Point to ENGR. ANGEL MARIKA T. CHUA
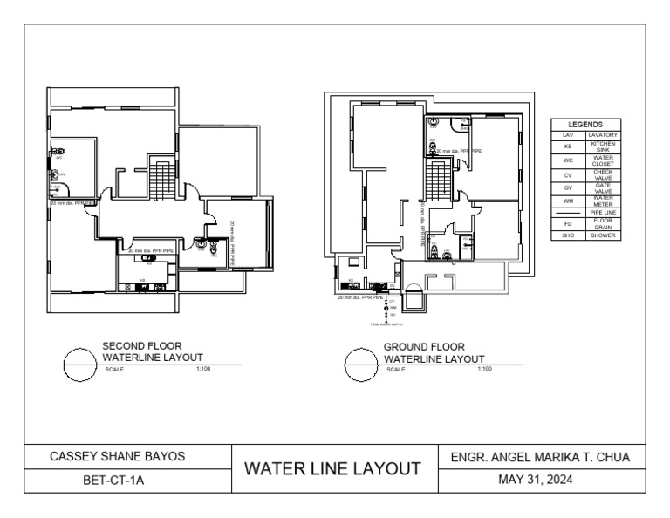[x=537, y=456]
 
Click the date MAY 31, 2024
[x=537, y=481]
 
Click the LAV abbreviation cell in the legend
[x=567, y=135]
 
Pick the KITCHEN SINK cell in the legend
[x=602, y=147]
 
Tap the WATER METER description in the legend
[x=602, y=200]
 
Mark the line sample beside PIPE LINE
[x=567, y=211]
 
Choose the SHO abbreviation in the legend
[x=567, y=235]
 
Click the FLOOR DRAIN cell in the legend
[x=602, y=222]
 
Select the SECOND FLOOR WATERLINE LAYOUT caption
[x=153, y=351]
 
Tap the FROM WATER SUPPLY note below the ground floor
[x=386, y=324]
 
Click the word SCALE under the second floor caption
[x=114, y=369]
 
